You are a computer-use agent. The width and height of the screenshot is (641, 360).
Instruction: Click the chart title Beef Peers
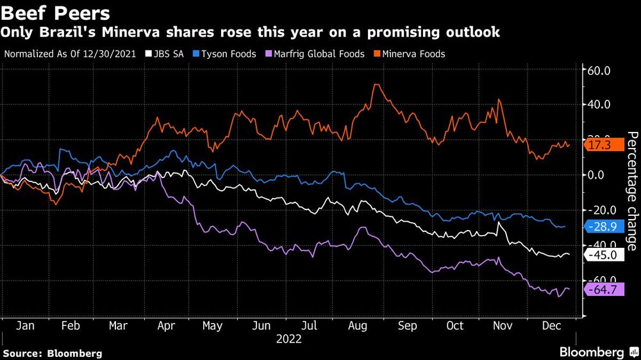click(56, 13)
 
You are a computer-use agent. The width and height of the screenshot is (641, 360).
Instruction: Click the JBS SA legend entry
click(165, 54)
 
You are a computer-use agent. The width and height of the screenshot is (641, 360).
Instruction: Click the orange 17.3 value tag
click(604, 145)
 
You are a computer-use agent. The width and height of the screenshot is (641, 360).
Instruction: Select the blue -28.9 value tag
click(604, 225)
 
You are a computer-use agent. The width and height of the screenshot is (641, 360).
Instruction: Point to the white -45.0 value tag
click(604, 255)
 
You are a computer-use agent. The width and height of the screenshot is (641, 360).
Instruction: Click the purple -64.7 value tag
click(604, 290)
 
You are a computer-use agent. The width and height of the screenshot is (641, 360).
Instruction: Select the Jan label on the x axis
click(24, 326)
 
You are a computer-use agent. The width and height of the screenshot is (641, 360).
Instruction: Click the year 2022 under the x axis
click(288, 340)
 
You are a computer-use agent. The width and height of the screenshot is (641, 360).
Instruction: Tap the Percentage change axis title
click(631, 190)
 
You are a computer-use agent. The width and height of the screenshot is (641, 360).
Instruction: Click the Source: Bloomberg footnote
click(53, 353)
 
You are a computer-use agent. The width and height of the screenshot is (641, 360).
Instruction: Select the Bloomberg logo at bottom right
click(598, 352)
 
